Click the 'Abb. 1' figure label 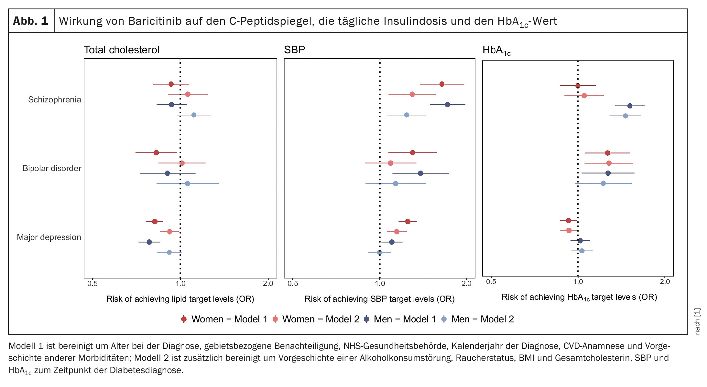click(31, 21)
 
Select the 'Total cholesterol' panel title click(121, 50)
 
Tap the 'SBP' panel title click(294, 50)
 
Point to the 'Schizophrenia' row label click(54, 99)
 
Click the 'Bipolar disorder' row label click(52, 168)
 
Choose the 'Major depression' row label click(49, 237)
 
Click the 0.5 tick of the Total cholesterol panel click(92, 284)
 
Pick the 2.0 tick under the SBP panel click(466, 284)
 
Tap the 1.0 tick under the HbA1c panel click(578, 282)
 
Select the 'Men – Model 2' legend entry click(478, 319)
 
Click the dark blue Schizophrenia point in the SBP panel click(447, 105)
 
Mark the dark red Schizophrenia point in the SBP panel click(442, 84)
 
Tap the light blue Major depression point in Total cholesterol click(169, 252)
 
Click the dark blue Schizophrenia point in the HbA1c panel click(630, 106)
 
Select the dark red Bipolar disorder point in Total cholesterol click(156, 153)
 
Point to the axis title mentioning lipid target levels click(180, 299)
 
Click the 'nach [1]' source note click(697, 321)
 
